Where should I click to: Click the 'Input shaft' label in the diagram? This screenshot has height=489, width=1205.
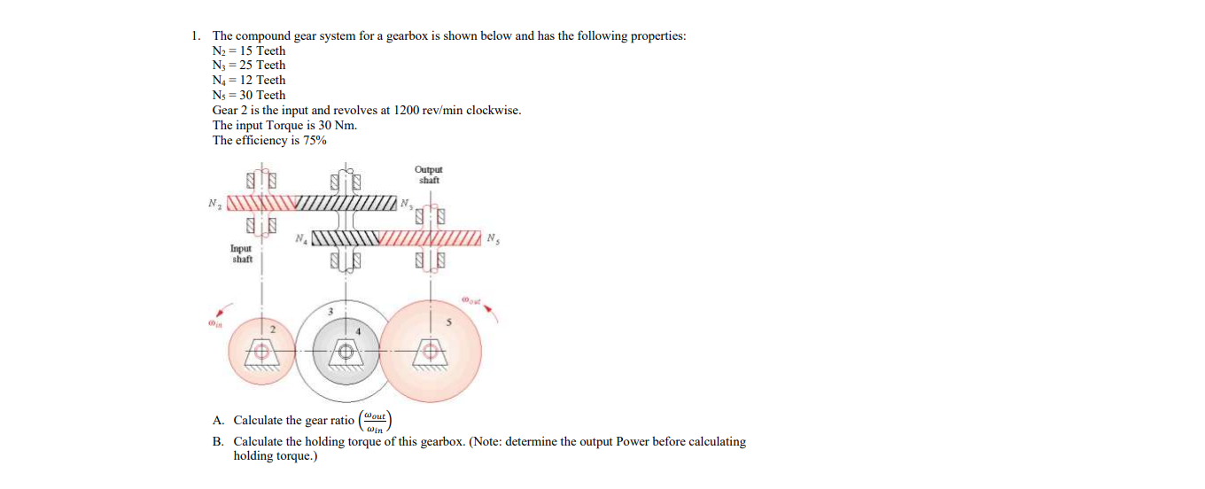(x=242, y=254)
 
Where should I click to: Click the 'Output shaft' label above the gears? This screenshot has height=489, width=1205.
(x=428, y=175)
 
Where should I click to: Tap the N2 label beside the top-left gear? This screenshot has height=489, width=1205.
(x=214, y=203)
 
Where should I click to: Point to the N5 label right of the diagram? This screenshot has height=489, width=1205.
(x=492, y=238)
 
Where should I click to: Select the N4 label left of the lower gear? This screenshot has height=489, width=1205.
(x=302, y=238)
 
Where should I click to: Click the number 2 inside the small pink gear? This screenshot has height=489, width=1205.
(x=273, y=330)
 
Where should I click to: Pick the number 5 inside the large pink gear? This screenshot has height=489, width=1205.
(x=449, y=322)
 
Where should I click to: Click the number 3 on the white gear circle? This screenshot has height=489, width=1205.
(x=330, y=311)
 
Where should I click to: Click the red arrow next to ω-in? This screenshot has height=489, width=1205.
(x=229, y=310)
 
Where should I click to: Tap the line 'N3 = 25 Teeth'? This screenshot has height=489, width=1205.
(x=249, y=65)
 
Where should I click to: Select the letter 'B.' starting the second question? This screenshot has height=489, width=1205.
(x=219, y=441)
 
